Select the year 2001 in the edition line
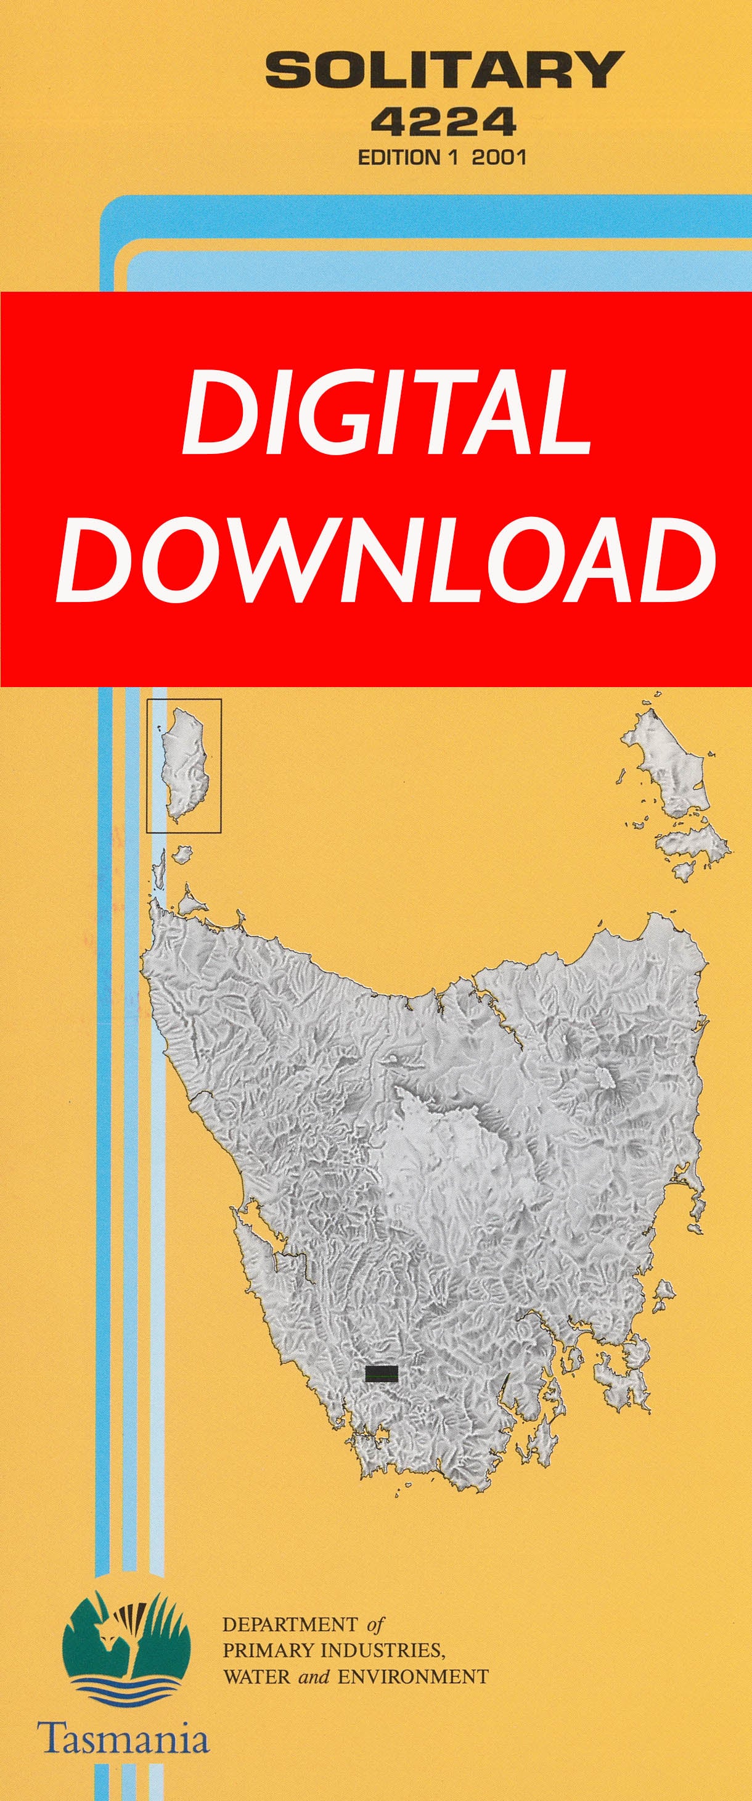pyautogui.click(x=498, y=158)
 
